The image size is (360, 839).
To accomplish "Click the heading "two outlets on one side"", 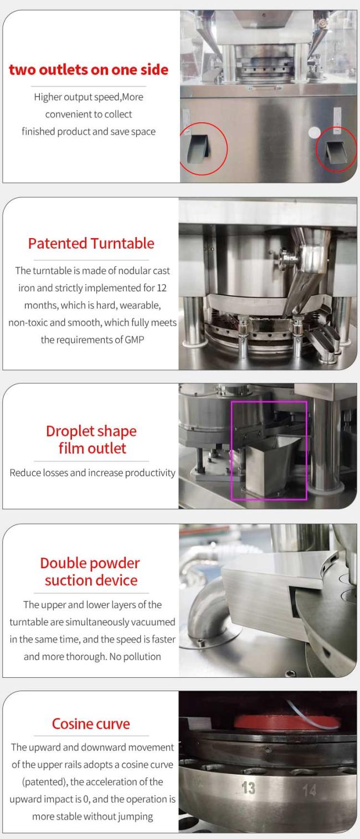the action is click(x=89, y=70).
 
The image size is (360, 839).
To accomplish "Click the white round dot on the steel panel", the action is click(x=314, y=132).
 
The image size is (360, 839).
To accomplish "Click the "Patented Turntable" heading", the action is click(x=91, y=244).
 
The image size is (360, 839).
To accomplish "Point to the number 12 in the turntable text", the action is click(x=162, y=288).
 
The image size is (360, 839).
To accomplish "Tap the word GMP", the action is click(x=135, y=339).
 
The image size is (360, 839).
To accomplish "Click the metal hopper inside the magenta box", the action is click(x=270, y=466).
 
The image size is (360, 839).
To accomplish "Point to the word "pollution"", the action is click(x=142, y=657).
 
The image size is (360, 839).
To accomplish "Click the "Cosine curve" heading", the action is click(x=91, y=724).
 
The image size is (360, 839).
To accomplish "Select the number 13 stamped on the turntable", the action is click(x=248, y=788).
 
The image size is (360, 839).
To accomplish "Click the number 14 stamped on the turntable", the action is click(x=309, y=790).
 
